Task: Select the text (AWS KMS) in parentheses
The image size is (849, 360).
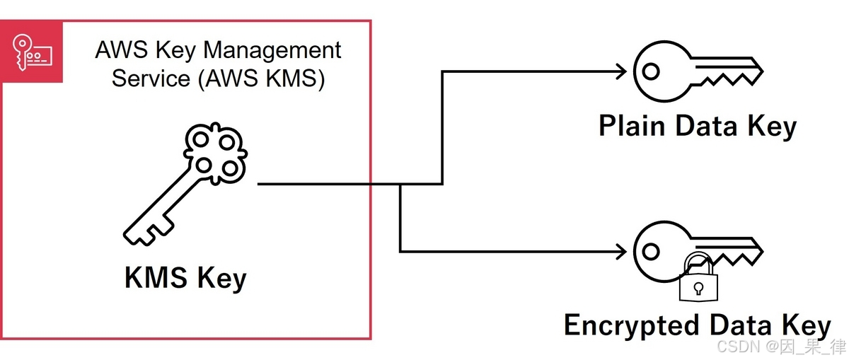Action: [x=261, y=79]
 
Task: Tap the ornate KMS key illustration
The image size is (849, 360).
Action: [x=187, y=184]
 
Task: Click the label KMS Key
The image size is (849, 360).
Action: [x=185, y=277]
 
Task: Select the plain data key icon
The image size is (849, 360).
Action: [x=697, y=71]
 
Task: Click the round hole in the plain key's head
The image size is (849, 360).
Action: [x=651, y=71]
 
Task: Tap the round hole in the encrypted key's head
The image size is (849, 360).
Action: [x=651, y=250]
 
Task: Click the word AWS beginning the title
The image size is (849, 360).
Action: [x=115, y=51]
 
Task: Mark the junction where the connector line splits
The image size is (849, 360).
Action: [x=400, y=185]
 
